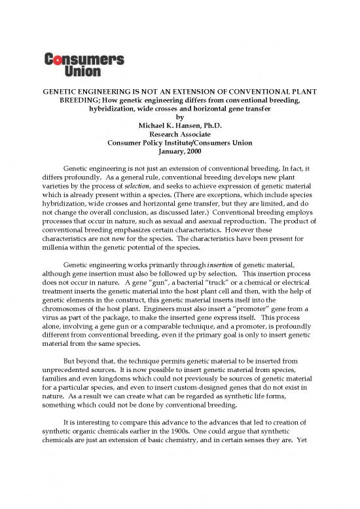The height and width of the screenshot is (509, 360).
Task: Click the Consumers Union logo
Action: pyautogui.click(x=84, y=64)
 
